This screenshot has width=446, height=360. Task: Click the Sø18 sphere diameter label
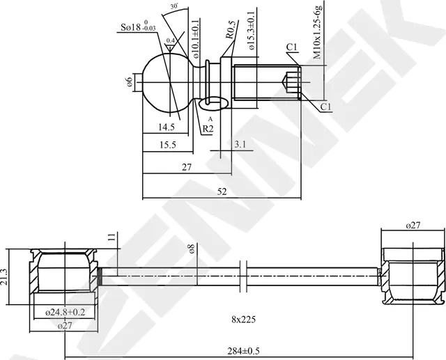[139, 26]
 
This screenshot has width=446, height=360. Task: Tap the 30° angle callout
[174, 6]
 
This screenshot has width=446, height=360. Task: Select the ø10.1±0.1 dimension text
[197, 39]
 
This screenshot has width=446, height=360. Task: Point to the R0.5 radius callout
[231, 30]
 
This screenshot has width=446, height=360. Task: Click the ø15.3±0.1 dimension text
[252, 31]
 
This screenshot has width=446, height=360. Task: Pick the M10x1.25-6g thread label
[318, 31]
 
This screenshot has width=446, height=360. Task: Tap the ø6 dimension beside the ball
[130, 82]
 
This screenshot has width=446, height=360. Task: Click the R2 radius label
[208, 129]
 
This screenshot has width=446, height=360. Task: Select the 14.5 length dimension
[167, 127]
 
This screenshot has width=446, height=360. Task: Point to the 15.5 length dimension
[168, 145]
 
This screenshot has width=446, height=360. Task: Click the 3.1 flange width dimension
[240, 144]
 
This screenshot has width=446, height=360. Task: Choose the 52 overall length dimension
[222, 191]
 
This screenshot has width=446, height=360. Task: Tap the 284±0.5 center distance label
[243, 351]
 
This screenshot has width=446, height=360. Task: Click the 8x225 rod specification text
[243, 320]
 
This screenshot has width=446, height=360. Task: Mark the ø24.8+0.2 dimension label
[65, 312]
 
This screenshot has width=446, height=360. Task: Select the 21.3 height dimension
[5, 276]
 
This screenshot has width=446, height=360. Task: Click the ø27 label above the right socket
[413, 226]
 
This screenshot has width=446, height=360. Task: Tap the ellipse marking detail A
[213, 103]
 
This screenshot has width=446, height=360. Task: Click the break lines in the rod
[243, 276]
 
